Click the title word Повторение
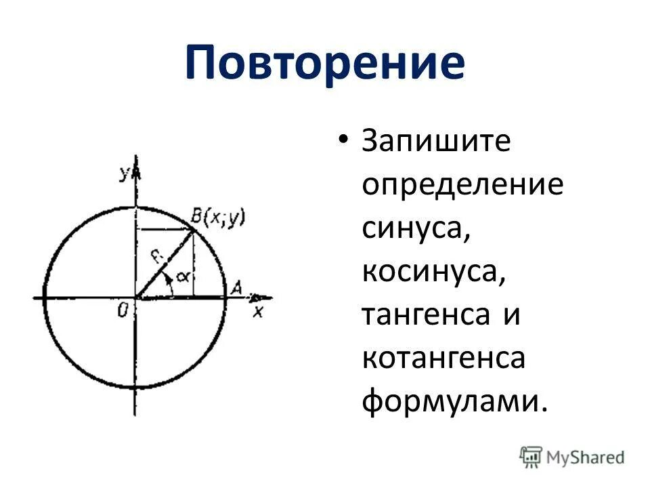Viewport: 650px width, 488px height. coord(325,63)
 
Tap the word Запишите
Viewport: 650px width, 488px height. coord(436,144)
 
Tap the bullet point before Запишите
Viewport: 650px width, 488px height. coord(344,141)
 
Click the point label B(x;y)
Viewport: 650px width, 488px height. coord(217,218)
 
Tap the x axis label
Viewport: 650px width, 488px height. coord(257,311)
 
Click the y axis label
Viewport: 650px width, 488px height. coord(125,174)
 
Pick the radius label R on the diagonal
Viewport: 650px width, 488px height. coord(156,256)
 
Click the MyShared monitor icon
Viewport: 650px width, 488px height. coord(531,457)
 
